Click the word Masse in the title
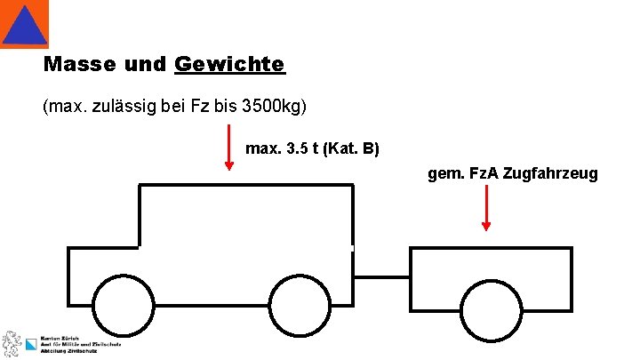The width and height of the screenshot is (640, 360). (79, 65)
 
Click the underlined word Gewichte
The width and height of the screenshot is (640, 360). (230, 65)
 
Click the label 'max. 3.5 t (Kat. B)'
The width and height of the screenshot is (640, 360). (311, 148)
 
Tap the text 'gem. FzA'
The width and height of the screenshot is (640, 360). (463, 173)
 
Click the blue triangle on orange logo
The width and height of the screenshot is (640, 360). (24, 24)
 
